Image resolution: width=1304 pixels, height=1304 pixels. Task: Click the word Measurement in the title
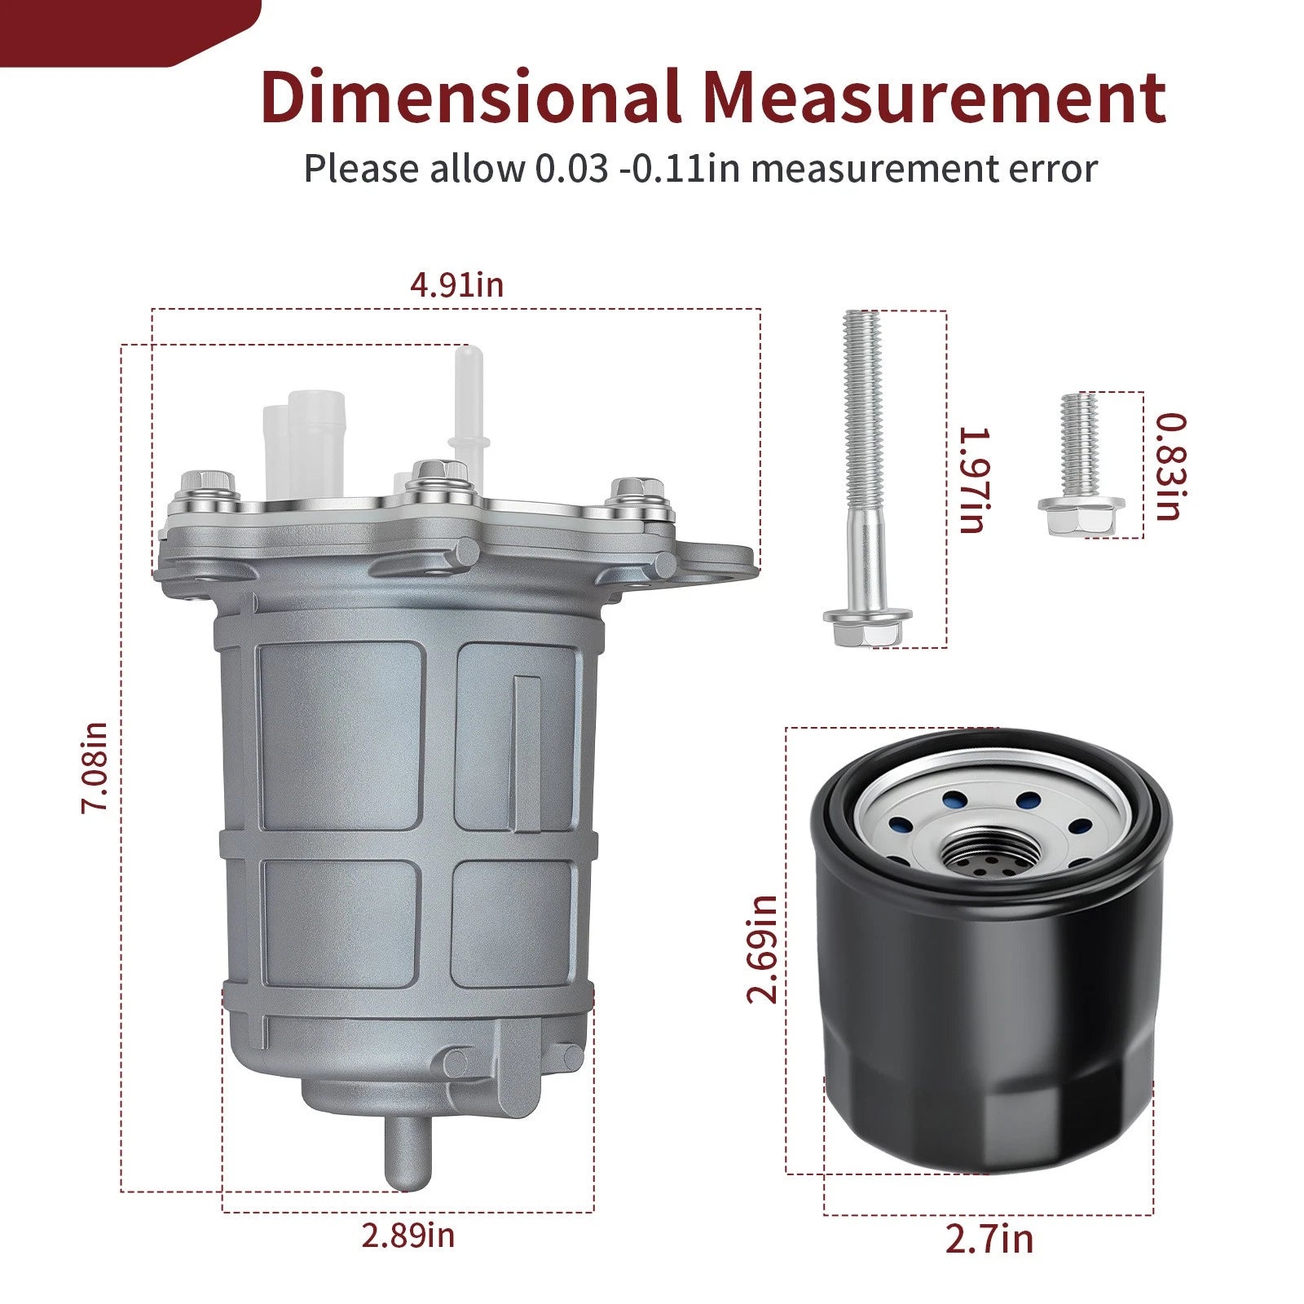tap(934, 98)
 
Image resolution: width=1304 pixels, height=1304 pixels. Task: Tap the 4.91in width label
tap(457, 285)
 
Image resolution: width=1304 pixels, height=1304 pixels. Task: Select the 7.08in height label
tap(95, 766)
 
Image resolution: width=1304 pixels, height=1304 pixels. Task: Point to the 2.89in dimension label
tap(408, 1236)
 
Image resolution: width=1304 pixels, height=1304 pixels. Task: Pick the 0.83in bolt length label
tap(1172, 467)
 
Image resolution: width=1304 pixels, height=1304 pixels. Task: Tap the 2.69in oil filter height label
tap(763, 949)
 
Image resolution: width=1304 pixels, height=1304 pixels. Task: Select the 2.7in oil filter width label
tap(989, 1240)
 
